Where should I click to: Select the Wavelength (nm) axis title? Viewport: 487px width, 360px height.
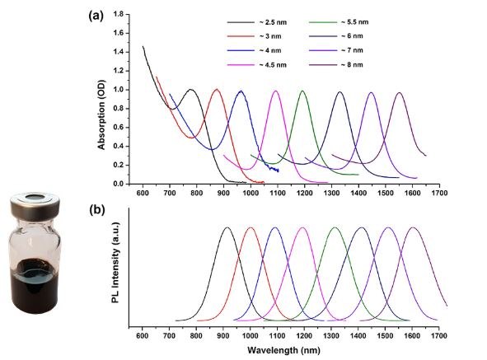click(x=283, y=349)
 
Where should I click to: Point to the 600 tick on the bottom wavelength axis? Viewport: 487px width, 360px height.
click(x=142, y=335)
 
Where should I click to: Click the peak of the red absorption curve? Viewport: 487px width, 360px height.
click(x=217, y=89)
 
